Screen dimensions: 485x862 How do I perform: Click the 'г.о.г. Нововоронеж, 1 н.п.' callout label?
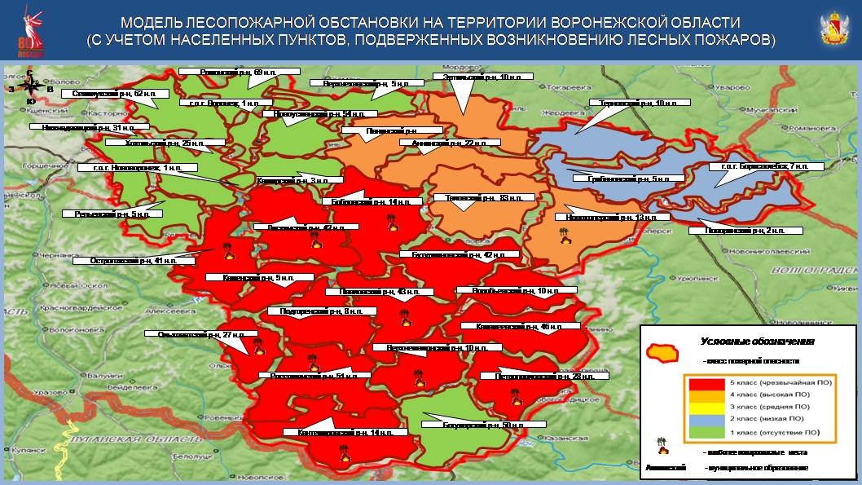coord(138,167)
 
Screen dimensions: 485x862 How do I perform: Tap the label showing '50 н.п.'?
coord(471,425)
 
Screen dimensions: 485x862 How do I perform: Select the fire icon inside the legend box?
coord(662,448)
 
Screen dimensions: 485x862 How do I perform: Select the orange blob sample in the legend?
coord(662,353)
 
